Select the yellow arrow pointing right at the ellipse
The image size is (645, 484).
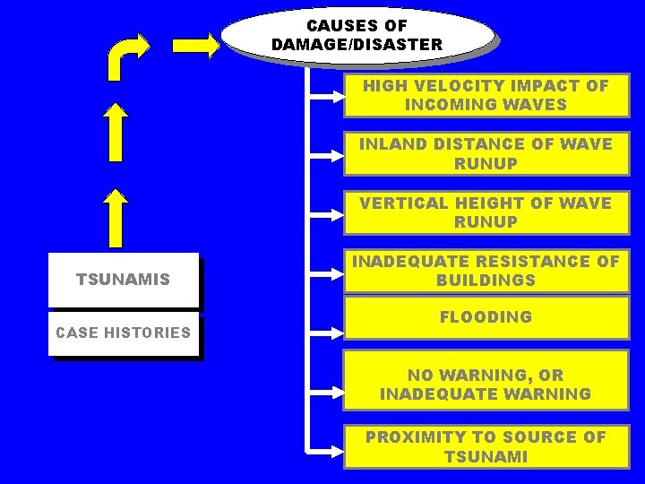[196, 45]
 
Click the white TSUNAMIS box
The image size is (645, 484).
[123, 280]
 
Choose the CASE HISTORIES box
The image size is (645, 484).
[123, 333]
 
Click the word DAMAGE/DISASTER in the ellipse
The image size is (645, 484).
[357, 44]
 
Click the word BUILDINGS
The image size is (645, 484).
[486, 281]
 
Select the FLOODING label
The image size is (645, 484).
[486, 316]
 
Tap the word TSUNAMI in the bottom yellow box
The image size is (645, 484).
[486, 456]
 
